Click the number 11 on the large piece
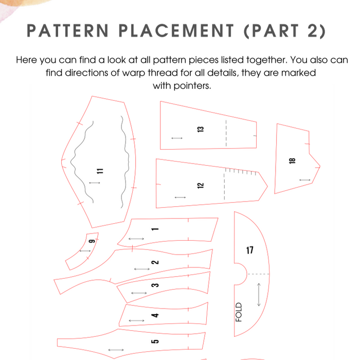pos(100,171)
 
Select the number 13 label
pos(201,130)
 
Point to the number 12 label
pos(201,186)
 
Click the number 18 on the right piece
pos(292,160)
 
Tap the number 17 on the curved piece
pos(249,250)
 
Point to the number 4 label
pos(156,315)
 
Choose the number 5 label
pos(156,340)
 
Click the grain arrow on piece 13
pos(177,138)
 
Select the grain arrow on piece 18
pos(304,179)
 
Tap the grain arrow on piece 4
pos(136,320)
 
